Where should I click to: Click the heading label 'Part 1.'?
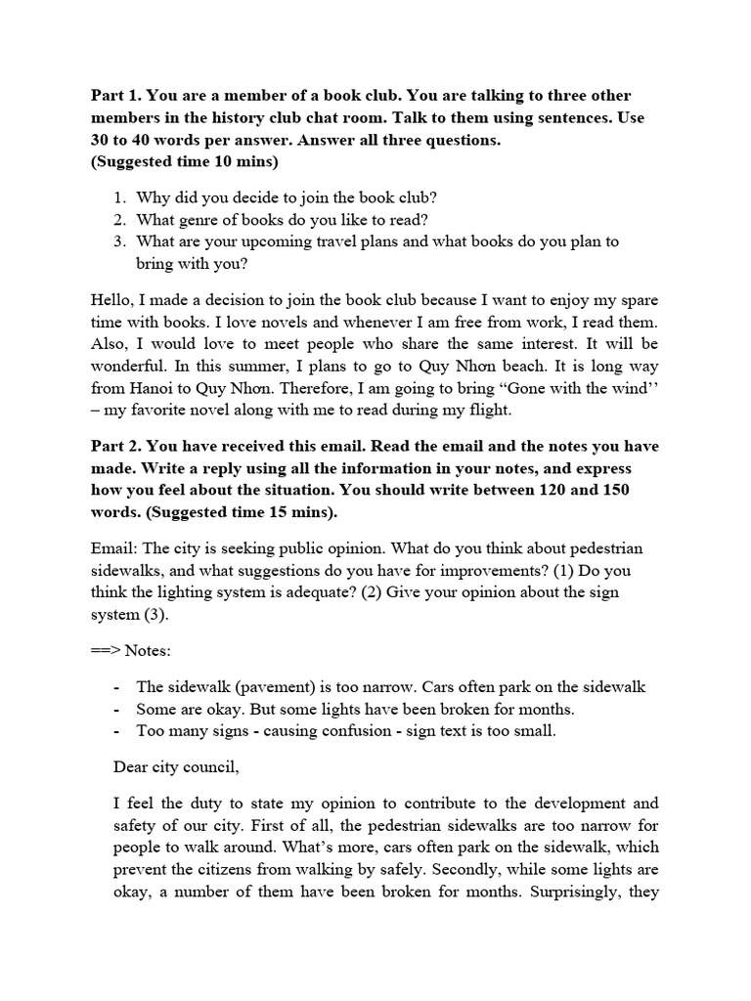pos(118,96)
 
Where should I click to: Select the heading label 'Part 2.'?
pos(118,447)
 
